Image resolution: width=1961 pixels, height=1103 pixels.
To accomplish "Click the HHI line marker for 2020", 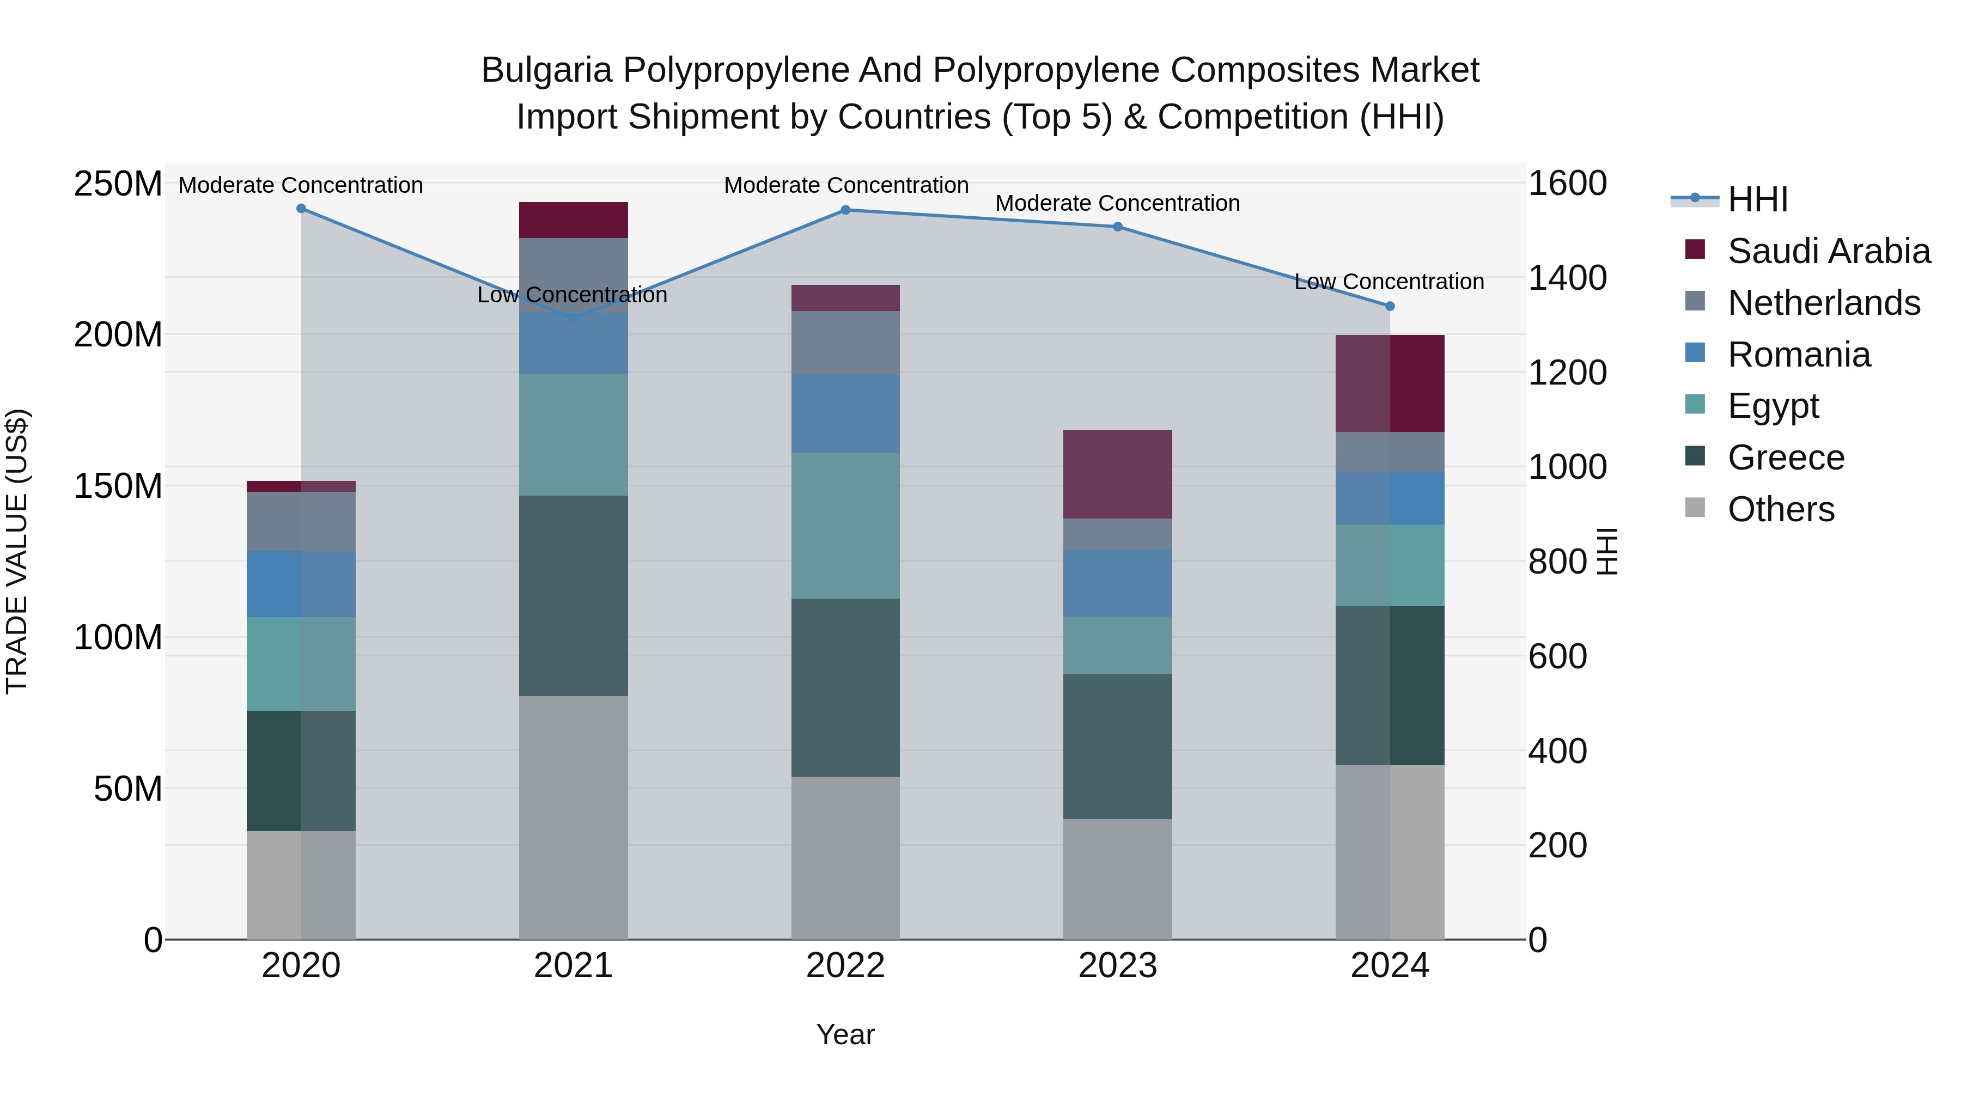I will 301,209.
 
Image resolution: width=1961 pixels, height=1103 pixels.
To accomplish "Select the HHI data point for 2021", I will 573,318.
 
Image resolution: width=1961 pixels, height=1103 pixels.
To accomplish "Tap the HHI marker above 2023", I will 1118,227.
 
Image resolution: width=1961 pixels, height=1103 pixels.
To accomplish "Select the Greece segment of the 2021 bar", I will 573,595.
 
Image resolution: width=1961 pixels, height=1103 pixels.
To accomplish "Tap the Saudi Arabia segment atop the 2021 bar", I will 573,220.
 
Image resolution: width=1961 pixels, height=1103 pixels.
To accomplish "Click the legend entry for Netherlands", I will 1823,303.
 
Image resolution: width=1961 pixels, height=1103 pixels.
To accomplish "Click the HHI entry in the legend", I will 1757,199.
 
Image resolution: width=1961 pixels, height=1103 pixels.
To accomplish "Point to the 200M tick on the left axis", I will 118,335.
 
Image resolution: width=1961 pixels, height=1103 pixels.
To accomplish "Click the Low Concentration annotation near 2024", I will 1388,282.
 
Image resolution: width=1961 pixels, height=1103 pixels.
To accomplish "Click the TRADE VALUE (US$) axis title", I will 17,551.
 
